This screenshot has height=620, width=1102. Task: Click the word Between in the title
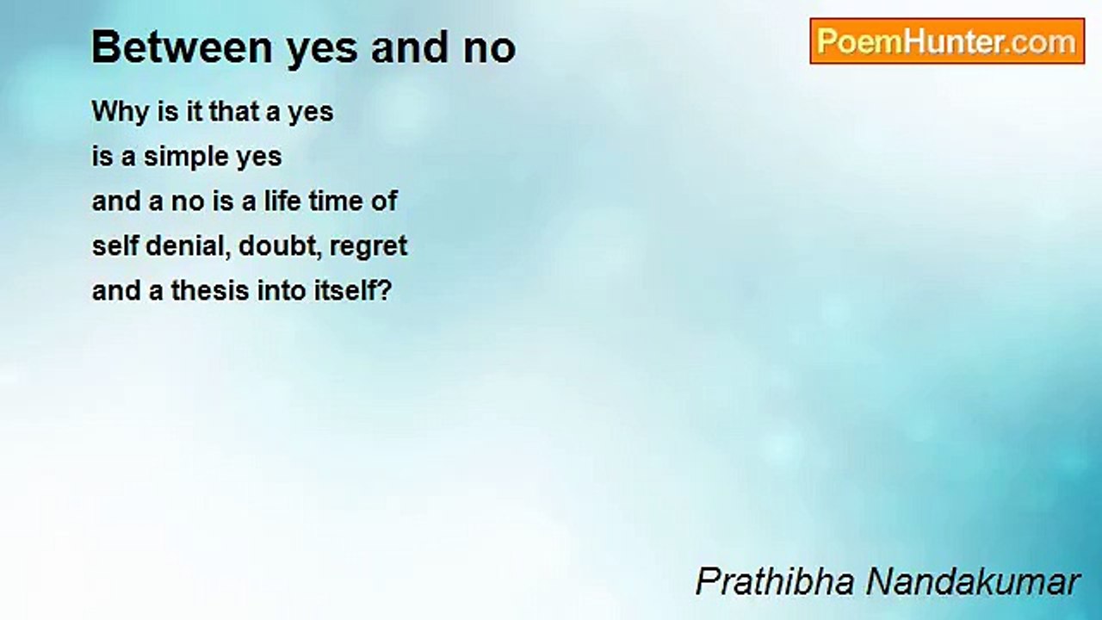pos(182,47)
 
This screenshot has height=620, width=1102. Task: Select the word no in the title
pos(490,50)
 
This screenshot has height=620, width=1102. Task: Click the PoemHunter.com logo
pos(947,41)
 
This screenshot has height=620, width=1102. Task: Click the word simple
pos(185,158)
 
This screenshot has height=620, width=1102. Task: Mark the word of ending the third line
pos(384,201)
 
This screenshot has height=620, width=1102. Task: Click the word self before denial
pos(115,245)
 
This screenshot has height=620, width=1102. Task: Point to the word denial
pos(189,246)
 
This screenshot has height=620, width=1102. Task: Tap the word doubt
pos(281,246)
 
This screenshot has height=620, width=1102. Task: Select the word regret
pos(368,248)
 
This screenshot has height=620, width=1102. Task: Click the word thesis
pos(210,290)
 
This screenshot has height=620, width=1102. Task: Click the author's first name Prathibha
pos(776,581)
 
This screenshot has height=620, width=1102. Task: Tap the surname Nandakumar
pos(973,581)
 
